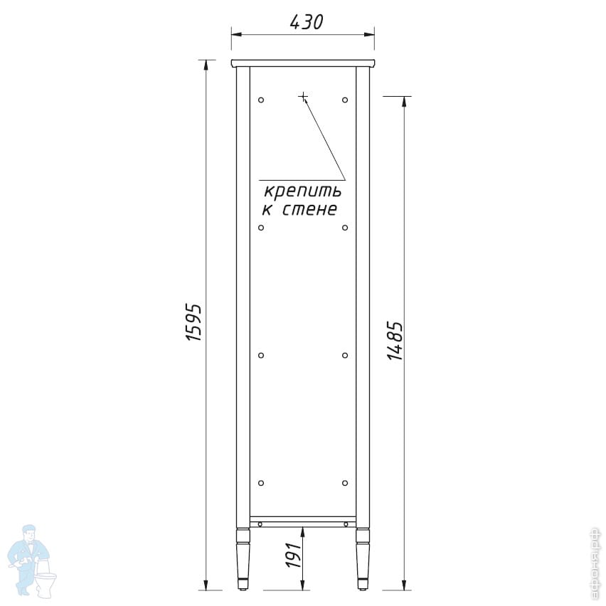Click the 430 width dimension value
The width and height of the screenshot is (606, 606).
(306, 23)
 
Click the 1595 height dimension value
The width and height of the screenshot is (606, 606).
(193, 322)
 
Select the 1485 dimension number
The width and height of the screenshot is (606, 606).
(395, 341)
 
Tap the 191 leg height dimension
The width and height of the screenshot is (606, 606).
(294, 555)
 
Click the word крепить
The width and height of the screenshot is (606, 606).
(302, 191)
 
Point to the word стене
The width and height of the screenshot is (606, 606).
(309, 210)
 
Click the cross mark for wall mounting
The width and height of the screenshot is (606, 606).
(304, 96)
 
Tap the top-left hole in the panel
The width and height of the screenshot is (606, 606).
(261, 100)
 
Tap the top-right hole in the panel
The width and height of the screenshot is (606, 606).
(345, 100)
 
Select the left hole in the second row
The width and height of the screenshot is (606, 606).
(261, 228)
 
